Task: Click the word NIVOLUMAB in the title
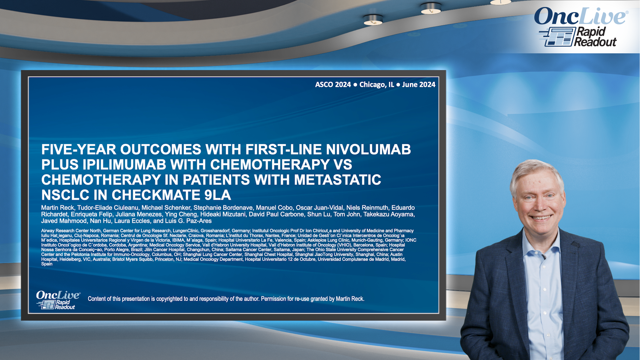click(x=368, y=149)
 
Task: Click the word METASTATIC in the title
click(x=337, y=180)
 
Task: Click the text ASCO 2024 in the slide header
click(x=333, y=85)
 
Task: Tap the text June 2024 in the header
click(x=418, y=85)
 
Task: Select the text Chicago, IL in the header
click(x=376, y=85)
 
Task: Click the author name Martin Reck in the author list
click(x=57, y=208)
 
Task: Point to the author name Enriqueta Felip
click(x=92, y=214)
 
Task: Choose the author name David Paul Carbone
click(x=276, y=214)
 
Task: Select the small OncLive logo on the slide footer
click(x=58, y=300)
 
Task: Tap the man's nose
click(x=540, y=205)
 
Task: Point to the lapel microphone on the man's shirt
click(x=544, y=257)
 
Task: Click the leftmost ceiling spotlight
click(x=373, y=20)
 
